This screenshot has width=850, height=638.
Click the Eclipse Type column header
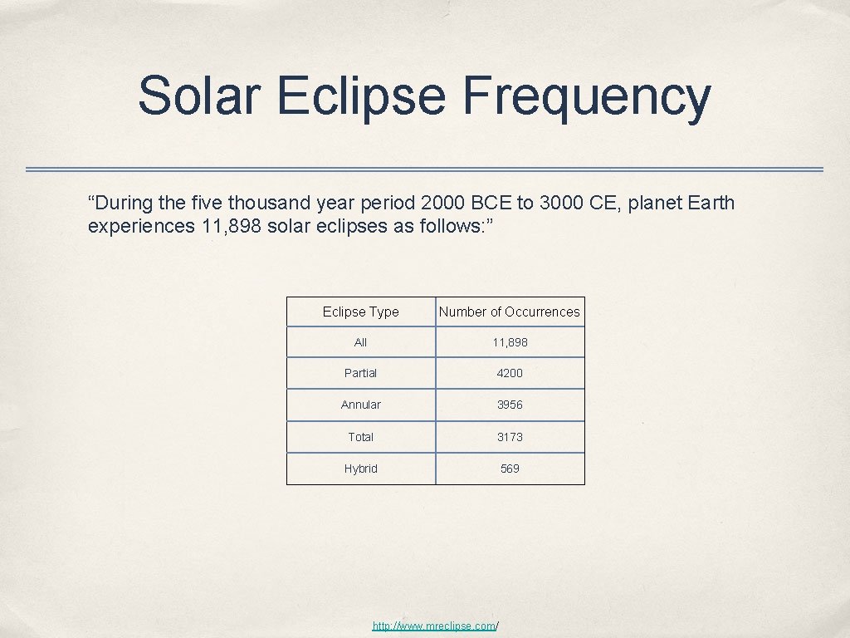tap(360, 312)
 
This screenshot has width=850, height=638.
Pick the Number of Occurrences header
tap(510, 312)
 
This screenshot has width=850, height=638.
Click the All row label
tap(360, 342)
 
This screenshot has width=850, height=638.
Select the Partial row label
tap(360, 373)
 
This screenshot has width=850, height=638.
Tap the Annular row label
tap(360, 405)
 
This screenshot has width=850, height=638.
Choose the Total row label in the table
tap(360, 437)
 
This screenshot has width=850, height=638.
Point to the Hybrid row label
tap(360, 469)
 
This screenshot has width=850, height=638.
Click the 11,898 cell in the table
tap(510, 342)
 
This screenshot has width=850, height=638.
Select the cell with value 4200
tap(510, 373)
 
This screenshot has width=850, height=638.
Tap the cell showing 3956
tap(510, 405)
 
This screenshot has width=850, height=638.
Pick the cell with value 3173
tap(510, 437)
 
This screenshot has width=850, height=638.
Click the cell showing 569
tap(510, 469)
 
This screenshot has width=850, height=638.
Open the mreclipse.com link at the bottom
tap(435, 625)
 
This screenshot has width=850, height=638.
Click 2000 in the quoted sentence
tap(444, 203)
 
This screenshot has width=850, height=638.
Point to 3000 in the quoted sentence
tap(563, 203)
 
